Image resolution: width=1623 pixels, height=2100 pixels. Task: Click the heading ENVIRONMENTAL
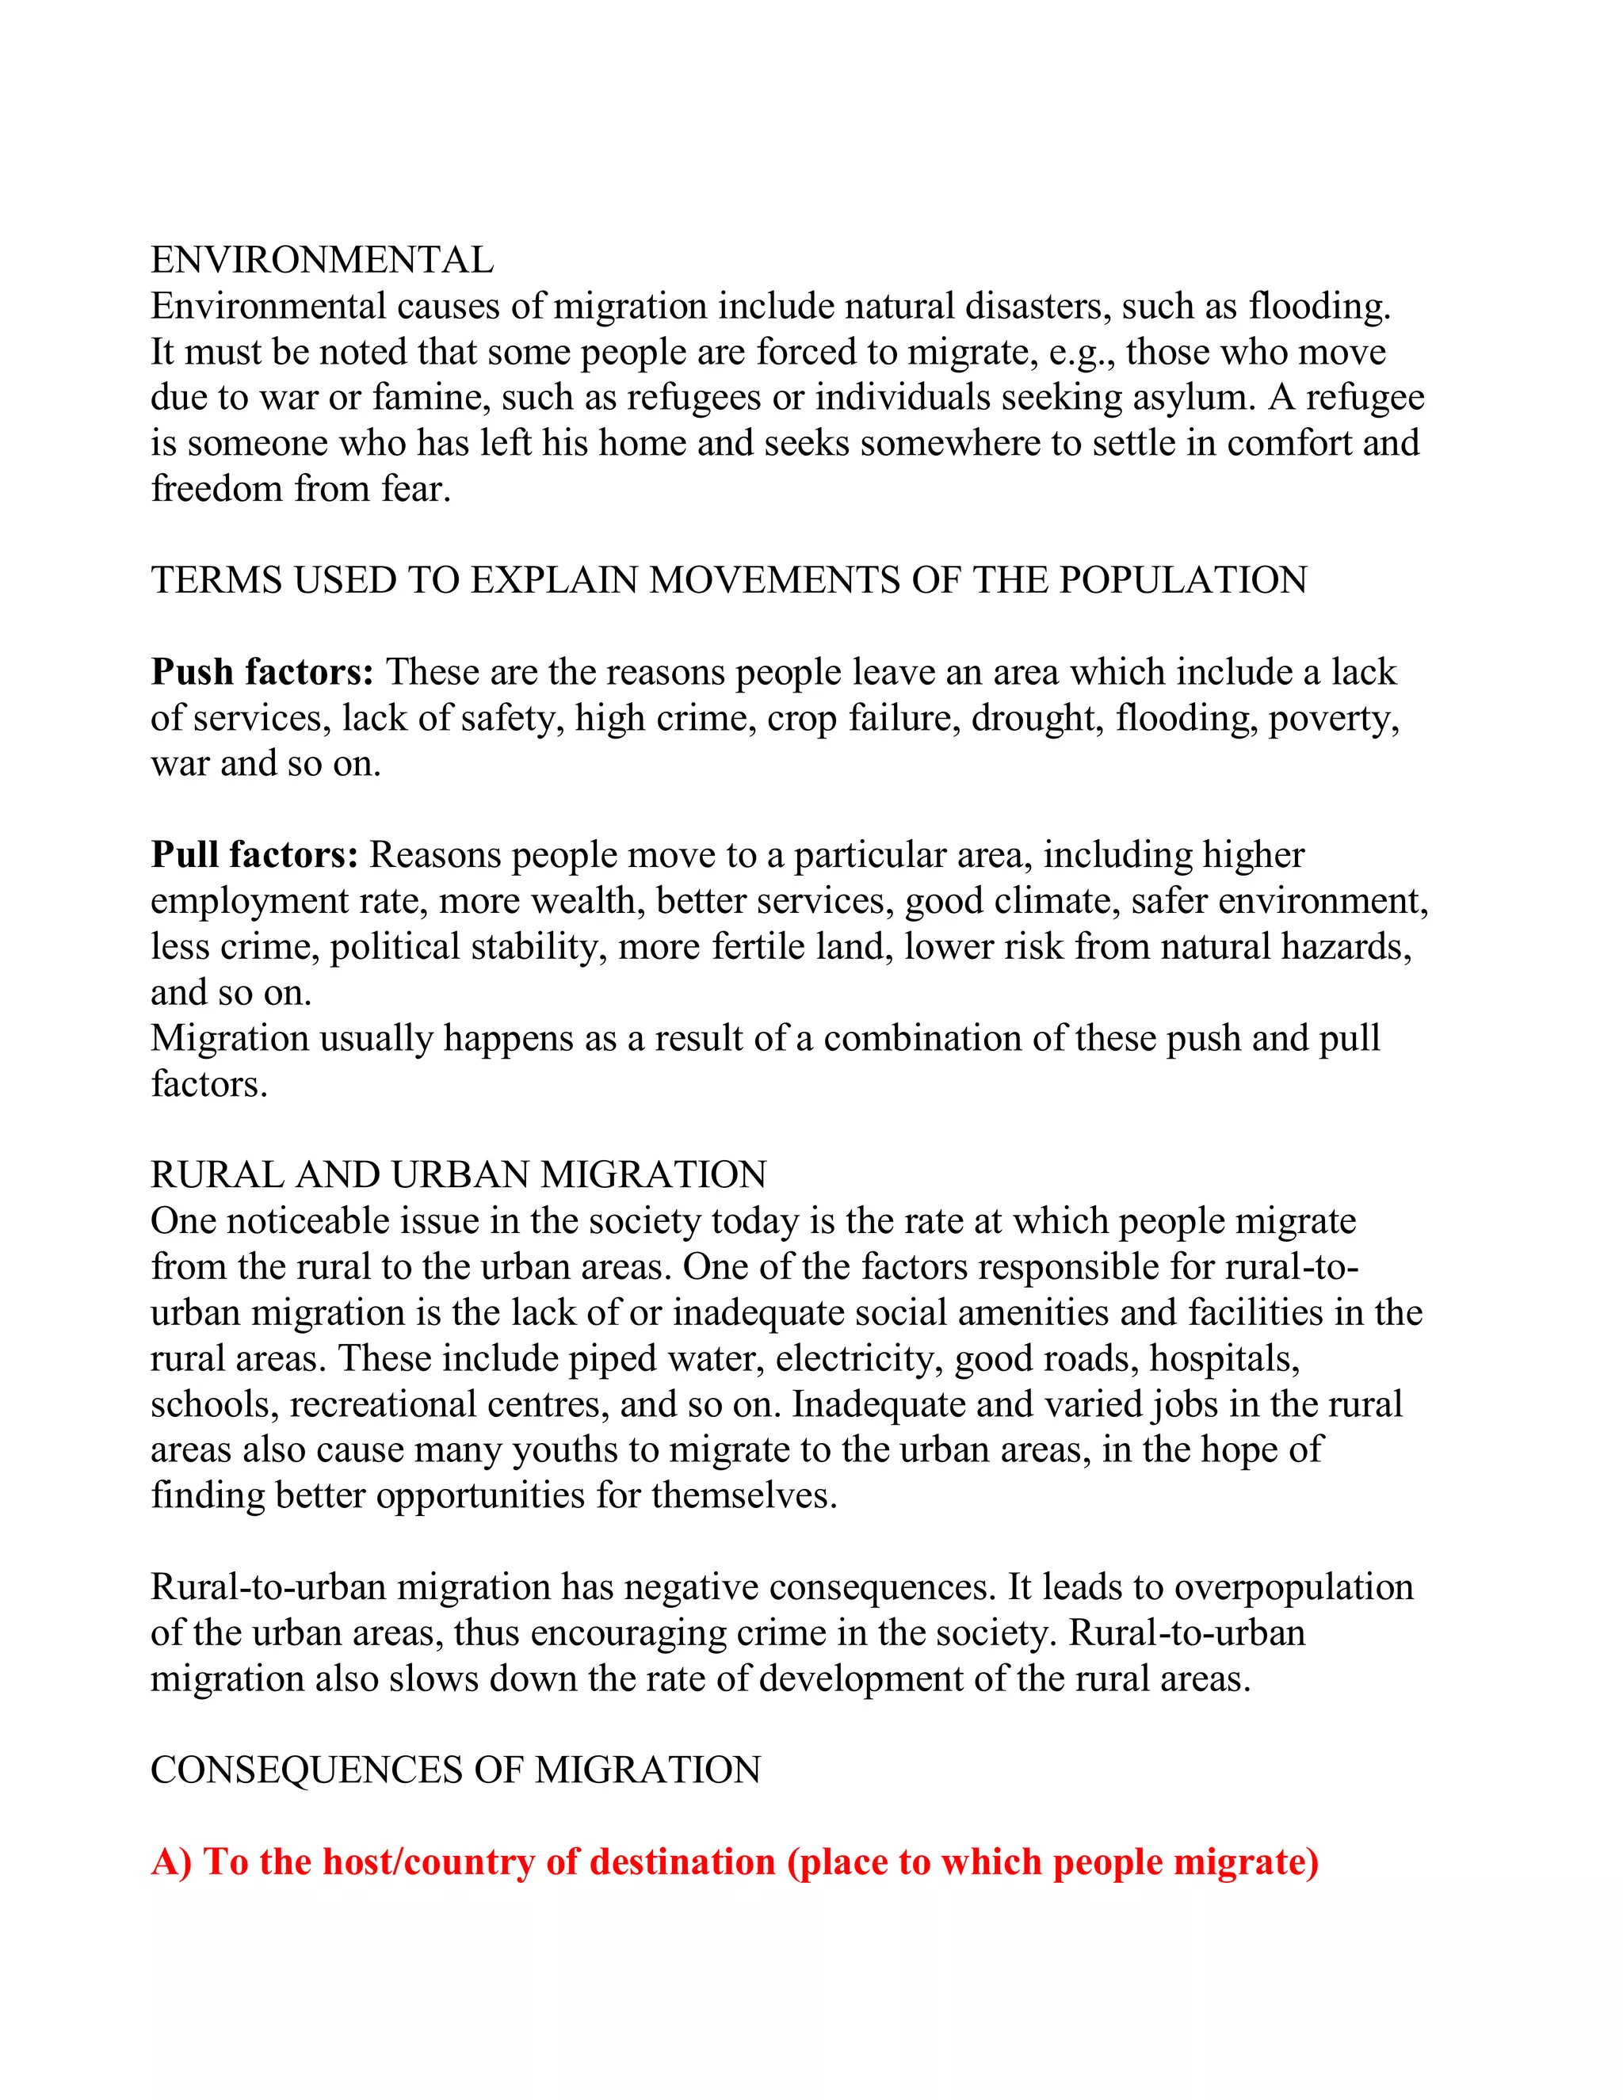pyautogui.click(x=322, y=261)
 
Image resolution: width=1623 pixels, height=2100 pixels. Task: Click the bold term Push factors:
pyautogui.click(x=262, y=672)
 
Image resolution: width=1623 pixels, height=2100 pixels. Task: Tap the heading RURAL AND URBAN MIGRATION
pyautogui.click(x=459, y=1175)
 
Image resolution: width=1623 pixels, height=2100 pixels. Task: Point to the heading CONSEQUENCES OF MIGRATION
pyautogui.click(x=456, y=1770)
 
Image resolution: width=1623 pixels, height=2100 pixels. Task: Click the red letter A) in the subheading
pyautogui.click(x=172, y=1862)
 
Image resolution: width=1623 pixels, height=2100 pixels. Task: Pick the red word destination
pyautogui.click(x=682, y=1862)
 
